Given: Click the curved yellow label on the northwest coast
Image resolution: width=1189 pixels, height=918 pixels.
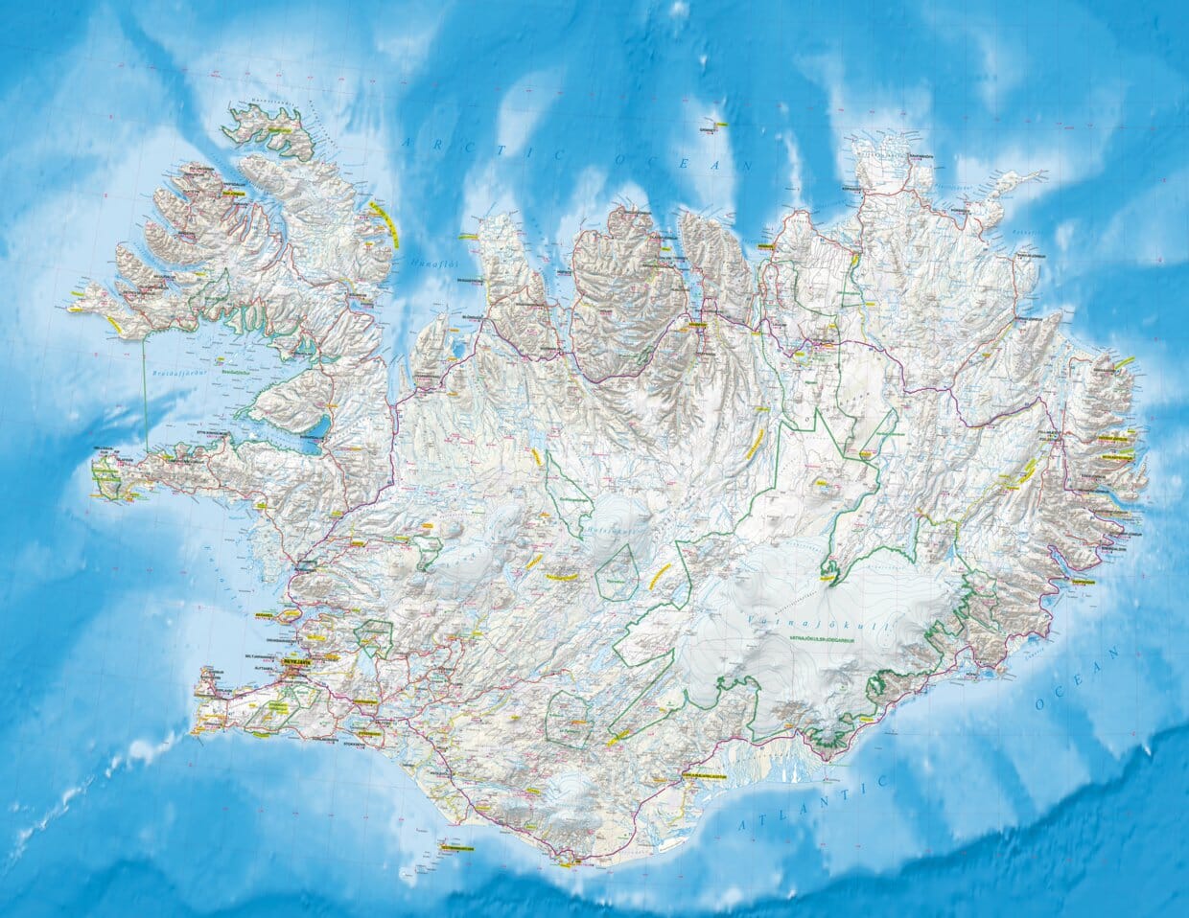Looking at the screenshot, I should coord(385,222).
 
